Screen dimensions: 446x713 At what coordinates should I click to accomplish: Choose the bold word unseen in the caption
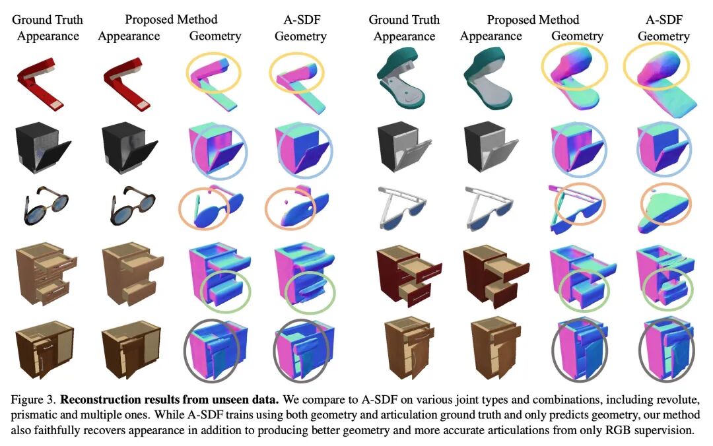pyautogui.click(x=220, y=400)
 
